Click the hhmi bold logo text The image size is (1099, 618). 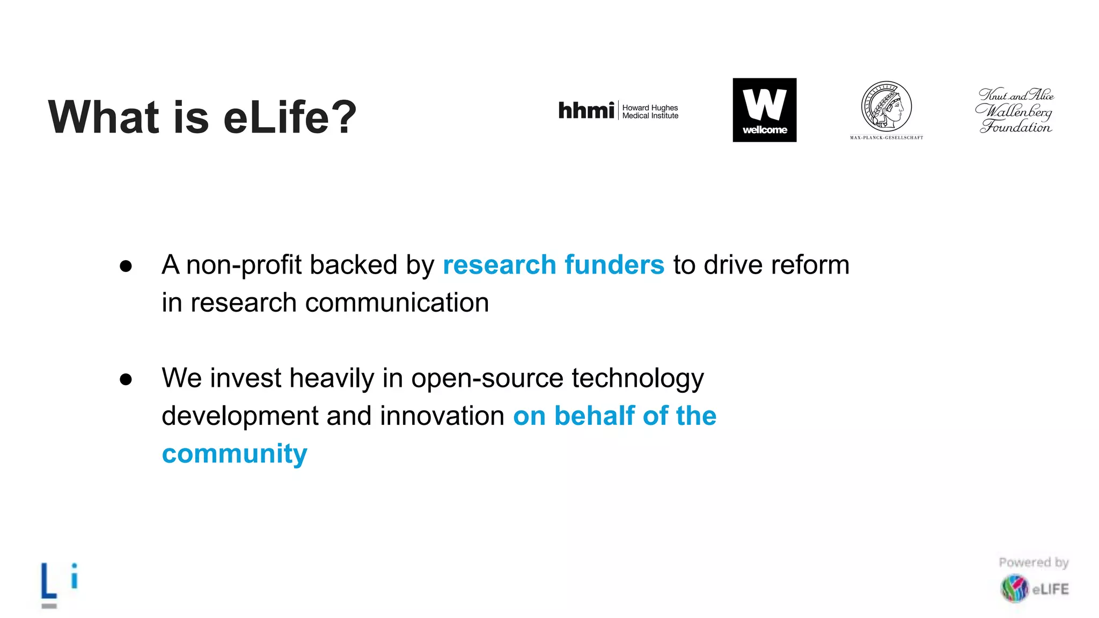tap(586, 111)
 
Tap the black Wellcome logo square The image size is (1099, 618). tap(764, 110)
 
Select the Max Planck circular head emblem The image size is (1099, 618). tap(886, 106)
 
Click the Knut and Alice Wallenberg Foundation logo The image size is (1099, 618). tap(1014, 111)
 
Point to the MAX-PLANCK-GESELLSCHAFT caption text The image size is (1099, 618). tap(886, 138)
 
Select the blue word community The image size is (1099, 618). tap(235, 454)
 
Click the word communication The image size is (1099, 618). tap(397, 303)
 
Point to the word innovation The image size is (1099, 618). tap(442, 416)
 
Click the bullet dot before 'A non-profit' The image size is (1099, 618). tap(126, 266)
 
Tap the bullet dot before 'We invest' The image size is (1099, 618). tap(126, 379)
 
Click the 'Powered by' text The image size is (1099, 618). tap(1034, 562)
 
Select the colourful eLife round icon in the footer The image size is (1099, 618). tap(1014, 588)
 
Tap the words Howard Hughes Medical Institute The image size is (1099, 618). tap(650, 112)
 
